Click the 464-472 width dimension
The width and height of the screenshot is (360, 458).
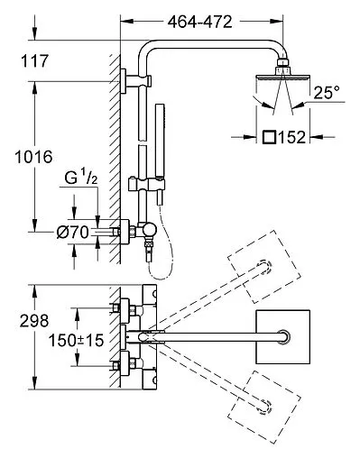coord(200,22)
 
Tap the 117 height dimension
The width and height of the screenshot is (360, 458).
coord(34,61)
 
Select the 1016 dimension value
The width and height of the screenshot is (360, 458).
coord(33,157)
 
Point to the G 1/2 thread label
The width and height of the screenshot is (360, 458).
coord(81,179)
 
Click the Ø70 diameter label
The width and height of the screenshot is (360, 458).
coord(73,233)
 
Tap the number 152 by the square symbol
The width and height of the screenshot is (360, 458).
coord(291,137)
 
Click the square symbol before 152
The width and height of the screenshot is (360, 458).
coord(269,137)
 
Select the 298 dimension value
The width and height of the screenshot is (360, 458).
coord(34,321)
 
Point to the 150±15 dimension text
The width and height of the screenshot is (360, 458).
coord(76,341)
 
